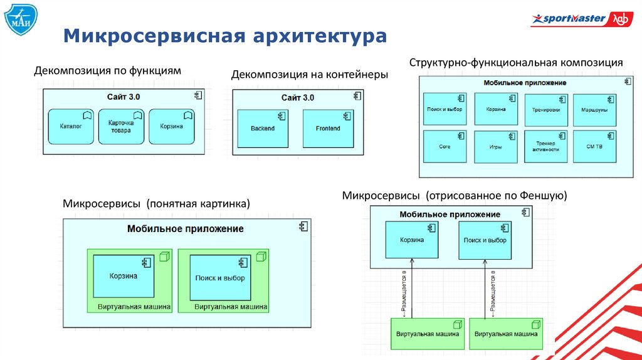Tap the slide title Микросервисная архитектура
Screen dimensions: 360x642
224,36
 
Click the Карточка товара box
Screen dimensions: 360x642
121,127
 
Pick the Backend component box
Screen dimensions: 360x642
262,129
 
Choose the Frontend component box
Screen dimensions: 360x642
328,129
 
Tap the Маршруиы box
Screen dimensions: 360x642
594,109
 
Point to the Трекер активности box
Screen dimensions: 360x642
545,146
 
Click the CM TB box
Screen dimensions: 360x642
594,146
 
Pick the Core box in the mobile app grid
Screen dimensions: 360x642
445,146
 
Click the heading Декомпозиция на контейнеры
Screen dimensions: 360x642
310,75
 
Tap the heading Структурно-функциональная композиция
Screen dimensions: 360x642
516,63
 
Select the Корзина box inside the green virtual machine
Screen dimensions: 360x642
124,276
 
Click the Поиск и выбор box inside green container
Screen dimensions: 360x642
220,278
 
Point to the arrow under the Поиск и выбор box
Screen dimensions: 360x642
485,289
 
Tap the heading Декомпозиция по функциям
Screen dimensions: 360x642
107,71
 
